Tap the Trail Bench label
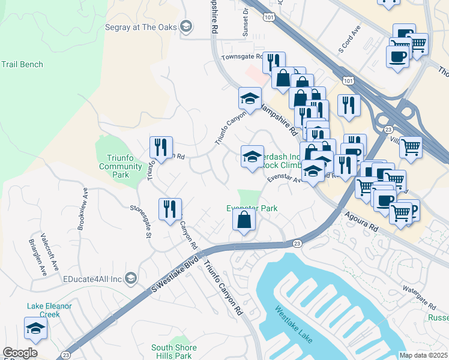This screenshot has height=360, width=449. (22, 64)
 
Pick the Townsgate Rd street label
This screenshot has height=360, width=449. (241, 57)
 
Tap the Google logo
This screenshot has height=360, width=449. (20, 353)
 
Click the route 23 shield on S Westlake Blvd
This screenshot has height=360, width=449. (297, 243)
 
